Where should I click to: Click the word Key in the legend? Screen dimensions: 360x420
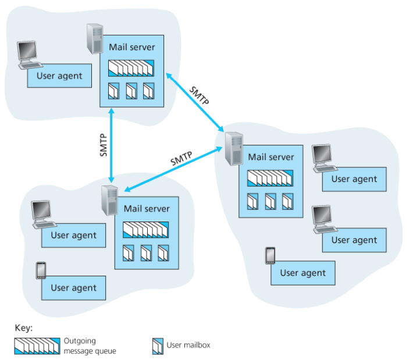pos(23,328)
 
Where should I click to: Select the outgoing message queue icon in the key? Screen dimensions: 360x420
pos(36,345)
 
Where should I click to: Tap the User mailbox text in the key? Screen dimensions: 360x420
pos(188,345)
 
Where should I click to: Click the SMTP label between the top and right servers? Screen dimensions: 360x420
pos(199,95)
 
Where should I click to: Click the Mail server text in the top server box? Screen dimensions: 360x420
pos(131,47)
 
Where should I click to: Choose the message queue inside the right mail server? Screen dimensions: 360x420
pos(270,177)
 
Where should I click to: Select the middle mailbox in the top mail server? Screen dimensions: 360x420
pos(131,91)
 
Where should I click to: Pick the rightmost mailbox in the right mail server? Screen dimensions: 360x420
pos(287,201)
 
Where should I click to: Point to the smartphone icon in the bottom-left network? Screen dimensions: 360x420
pos(41,270)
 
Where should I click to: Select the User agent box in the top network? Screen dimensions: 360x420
pos(59,76)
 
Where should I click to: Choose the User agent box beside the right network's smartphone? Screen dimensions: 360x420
pos(303,273)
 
